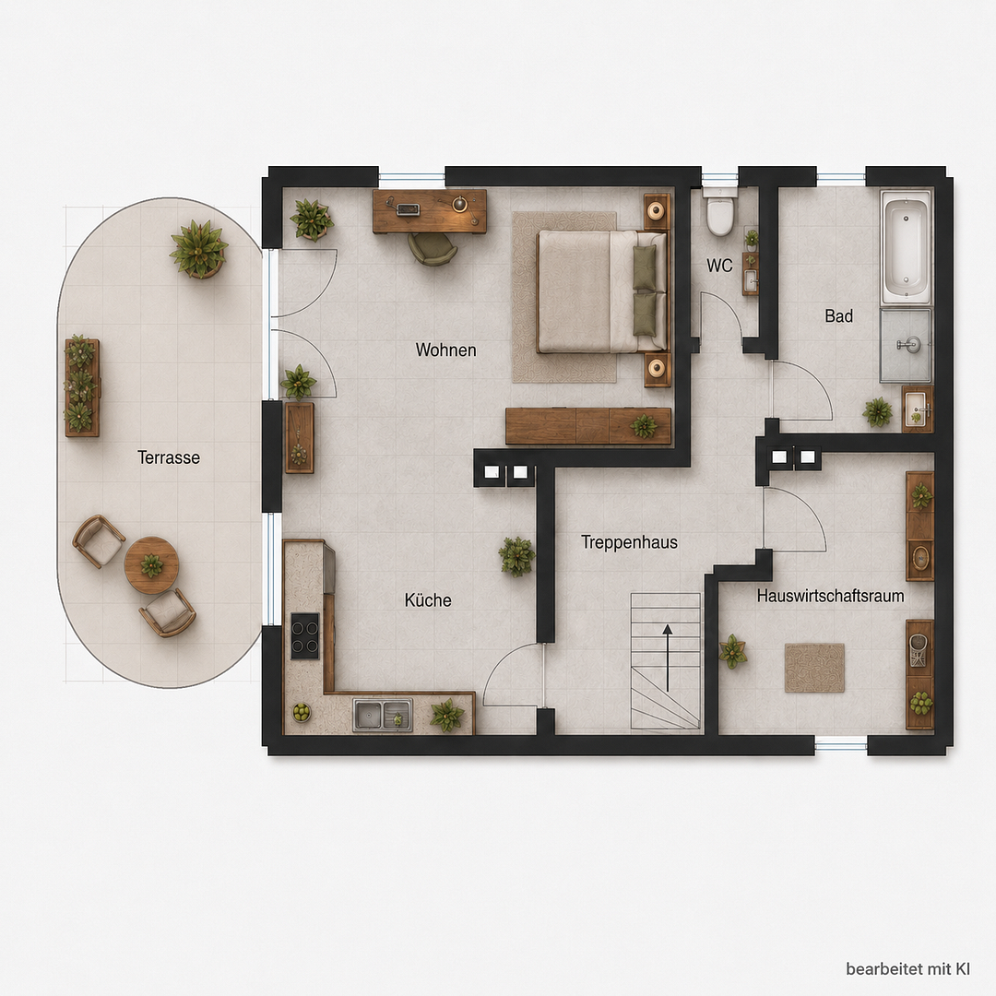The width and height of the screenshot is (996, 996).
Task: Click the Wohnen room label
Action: tap(446, 350)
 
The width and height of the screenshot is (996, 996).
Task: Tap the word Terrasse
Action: tap(169, 457)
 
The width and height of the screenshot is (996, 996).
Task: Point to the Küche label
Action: tap(428, 600)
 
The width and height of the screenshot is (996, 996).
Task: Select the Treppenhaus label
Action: tap(630, 542)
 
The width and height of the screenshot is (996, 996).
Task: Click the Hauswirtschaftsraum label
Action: tap(830, 596)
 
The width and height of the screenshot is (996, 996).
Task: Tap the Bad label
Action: tap(838, 315)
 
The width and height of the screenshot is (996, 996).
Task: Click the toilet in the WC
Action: tap(720, 210)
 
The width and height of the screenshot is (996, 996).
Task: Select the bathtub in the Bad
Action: tap(906, 247)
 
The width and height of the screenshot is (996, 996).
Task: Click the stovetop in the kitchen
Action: tap(305, 635)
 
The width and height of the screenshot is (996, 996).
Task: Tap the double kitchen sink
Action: tap(383, 715)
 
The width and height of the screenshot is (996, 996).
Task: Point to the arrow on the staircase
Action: tap(668, 658)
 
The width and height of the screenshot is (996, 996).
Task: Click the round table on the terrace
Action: tap(151, 564)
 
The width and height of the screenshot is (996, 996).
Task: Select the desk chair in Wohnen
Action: tap(433, 248)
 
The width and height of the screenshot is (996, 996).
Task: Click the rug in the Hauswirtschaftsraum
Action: tap(815, 668)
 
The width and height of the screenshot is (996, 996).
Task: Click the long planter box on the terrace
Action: tap(82, 387)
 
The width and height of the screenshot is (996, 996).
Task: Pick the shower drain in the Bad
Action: tap(909, 344)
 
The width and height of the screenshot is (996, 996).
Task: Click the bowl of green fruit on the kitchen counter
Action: tap(301, 712)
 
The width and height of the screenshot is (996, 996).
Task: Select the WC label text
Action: tap(719, 266)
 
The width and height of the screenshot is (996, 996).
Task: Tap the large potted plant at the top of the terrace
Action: tap(199, 248)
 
